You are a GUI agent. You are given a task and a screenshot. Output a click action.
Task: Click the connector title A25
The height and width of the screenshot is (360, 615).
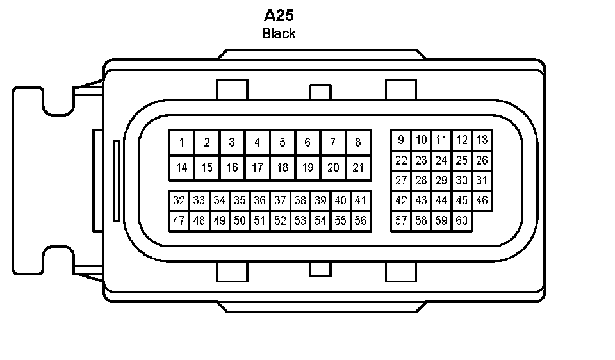(279, 15)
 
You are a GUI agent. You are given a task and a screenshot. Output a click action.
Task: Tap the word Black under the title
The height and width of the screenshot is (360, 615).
(279, 33)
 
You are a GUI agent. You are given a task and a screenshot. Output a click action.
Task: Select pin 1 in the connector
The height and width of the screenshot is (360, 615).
(182, 143)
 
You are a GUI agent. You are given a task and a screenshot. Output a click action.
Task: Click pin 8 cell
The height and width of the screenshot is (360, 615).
(358, 143)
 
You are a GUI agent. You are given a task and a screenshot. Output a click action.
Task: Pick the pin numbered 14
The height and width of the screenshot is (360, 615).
(182, 168)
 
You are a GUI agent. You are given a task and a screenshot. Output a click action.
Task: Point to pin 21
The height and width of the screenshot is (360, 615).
(358, 168)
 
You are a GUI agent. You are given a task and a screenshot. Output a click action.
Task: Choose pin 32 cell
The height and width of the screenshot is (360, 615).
(179, 200)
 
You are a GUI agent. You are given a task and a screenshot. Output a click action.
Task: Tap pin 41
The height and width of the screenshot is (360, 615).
(360, 200)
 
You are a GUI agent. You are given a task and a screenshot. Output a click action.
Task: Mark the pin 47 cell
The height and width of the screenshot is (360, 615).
(179, 221)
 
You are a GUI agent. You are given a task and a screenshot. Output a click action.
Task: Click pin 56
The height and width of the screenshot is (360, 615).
(360, 221)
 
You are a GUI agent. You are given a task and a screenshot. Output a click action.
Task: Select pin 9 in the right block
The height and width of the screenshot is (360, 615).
(401, 140)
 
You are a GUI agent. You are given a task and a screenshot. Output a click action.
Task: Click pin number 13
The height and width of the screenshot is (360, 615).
(482, 140)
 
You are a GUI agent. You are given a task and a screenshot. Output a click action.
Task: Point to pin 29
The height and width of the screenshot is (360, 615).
(441, 181)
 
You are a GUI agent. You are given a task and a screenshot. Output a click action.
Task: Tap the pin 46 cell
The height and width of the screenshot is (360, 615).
(482, 200)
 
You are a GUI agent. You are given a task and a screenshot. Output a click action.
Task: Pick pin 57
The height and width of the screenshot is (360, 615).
(401, 221)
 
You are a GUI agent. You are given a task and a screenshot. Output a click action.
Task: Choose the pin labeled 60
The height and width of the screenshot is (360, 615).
(461, 221)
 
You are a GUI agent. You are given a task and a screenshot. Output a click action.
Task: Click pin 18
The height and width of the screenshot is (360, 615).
(283, 168)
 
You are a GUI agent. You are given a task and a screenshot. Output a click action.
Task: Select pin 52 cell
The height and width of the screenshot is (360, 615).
(280, 221)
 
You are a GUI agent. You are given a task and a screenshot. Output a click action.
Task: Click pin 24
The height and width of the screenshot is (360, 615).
(441, 160)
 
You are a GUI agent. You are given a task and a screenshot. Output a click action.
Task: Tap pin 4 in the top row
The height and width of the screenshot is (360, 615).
(257, 143)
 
